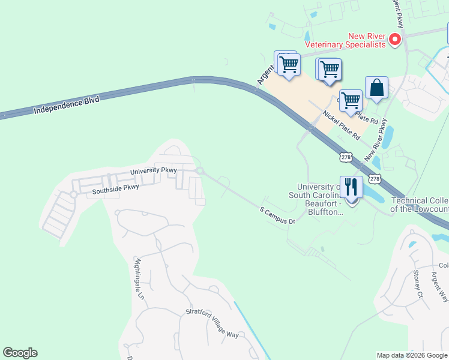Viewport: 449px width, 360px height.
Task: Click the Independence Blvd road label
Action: click(x=66, y=106)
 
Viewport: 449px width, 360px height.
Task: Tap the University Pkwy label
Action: click(x=154, y=171)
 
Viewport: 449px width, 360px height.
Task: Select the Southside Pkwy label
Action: click(x=115, y=189)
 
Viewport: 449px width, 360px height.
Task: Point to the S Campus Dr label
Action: click(x=277, y=216)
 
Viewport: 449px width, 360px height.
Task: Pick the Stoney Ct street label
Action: click(x=418, y=283)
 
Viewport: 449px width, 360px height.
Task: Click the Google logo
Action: click(x=20, y=353)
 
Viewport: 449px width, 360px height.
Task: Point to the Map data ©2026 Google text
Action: click(x=412, y=355)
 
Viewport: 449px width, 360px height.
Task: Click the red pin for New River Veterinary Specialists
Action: click(x=395, y=40)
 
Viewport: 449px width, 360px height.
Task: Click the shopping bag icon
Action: click(x=376, y=88)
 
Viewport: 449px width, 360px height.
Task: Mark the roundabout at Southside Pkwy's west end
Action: click(x=73, y=194)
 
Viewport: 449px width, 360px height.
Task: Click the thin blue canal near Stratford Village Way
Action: click(x=251, y=331)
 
